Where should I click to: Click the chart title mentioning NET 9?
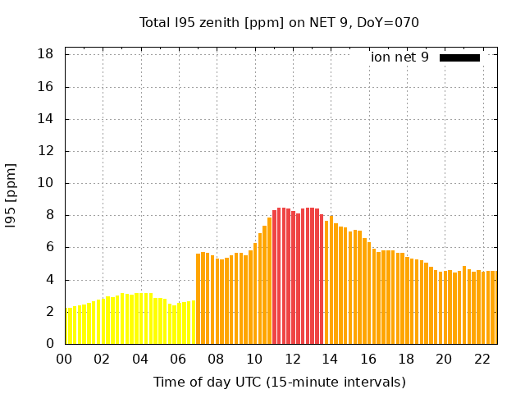pos(279,22)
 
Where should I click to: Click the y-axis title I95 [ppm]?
pos(11,195)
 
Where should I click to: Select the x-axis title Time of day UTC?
pos(279,382)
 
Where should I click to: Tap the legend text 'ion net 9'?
pos(399,57)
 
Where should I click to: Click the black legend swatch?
pos(459,57)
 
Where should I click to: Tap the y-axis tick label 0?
pos(50,344)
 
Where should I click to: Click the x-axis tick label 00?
pos(65,359)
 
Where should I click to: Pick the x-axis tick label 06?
pos(179,359)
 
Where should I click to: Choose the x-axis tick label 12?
pos(292,359)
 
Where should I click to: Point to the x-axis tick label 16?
pos(368,359)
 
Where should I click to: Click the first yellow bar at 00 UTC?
pos(69,327)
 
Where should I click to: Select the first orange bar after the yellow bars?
pos(198,299)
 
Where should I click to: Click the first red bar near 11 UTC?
pos(275,277)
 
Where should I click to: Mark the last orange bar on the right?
pos(495,307)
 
